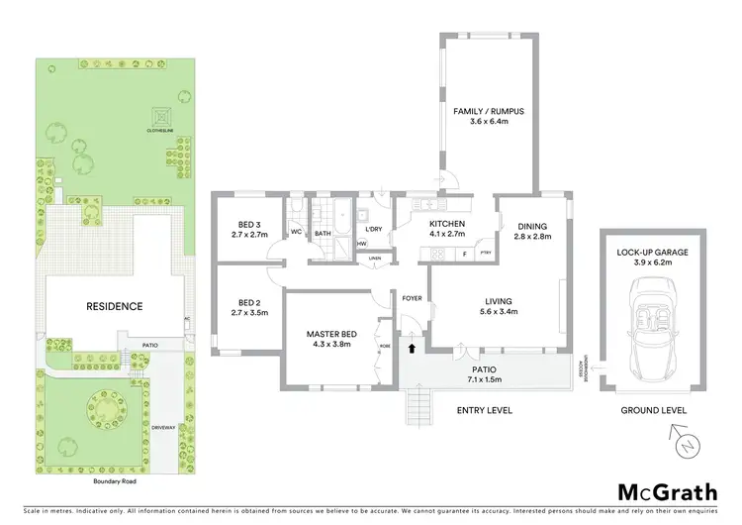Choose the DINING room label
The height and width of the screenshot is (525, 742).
[x=532, y=225]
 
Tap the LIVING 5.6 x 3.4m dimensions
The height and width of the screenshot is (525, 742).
[x=497, y=314]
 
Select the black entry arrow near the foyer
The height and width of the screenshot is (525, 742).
[x=413, y=347]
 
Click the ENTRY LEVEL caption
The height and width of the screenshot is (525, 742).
[x=484, y=409]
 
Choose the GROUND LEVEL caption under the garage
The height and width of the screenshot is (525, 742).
[x=654, y=409]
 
